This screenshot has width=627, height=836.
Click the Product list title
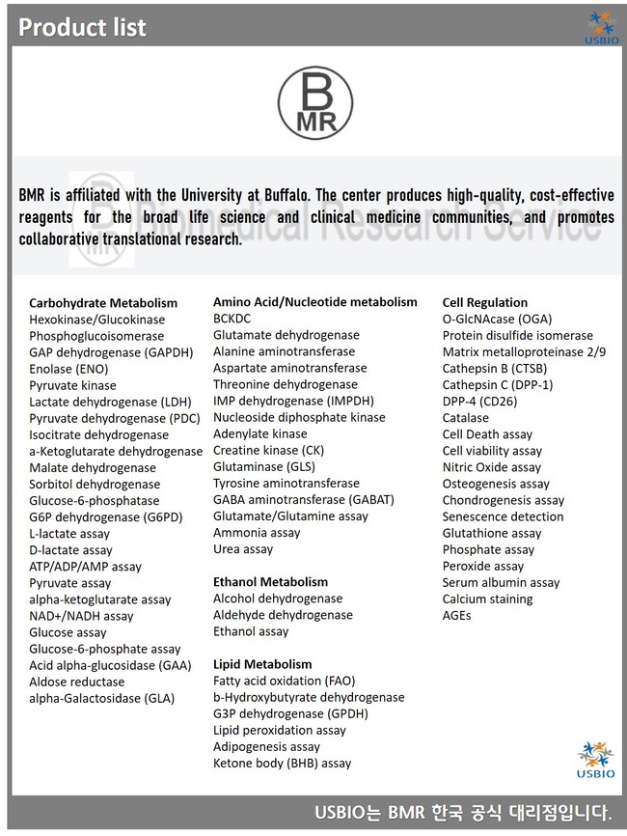coord(83,27)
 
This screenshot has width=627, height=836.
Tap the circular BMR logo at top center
coord(313,99)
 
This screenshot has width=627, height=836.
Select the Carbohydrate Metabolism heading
coord(103,303)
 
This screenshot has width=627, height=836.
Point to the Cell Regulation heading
coord(484,302)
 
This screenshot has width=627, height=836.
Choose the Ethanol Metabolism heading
coord(270,582)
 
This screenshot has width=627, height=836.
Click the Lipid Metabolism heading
coord(262,664)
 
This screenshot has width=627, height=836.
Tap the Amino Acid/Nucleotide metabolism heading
coord(315,302)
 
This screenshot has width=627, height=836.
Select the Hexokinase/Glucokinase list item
coord(96,320)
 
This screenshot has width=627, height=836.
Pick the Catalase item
coord(465,418)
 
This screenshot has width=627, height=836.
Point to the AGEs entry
coord(456,615)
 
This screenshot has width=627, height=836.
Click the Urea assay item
coord(243,549)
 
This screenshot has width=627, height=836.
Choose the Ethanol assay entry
coord(251,631)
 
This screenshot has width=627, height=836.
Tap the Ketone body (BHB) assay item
coord(282,763)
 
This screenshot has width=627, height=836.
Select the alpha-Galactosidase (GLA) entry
coord(101,698)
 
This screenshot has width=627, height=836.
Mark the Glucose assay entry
coord(68,632)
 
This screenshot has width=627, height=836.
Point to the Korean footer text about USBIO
coord(463,813)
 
